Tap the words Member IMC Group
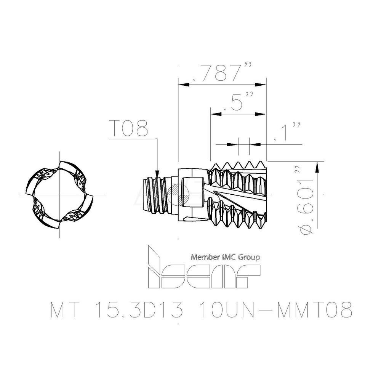tap(226, 257)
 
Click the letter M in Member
tap(194, 257)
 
